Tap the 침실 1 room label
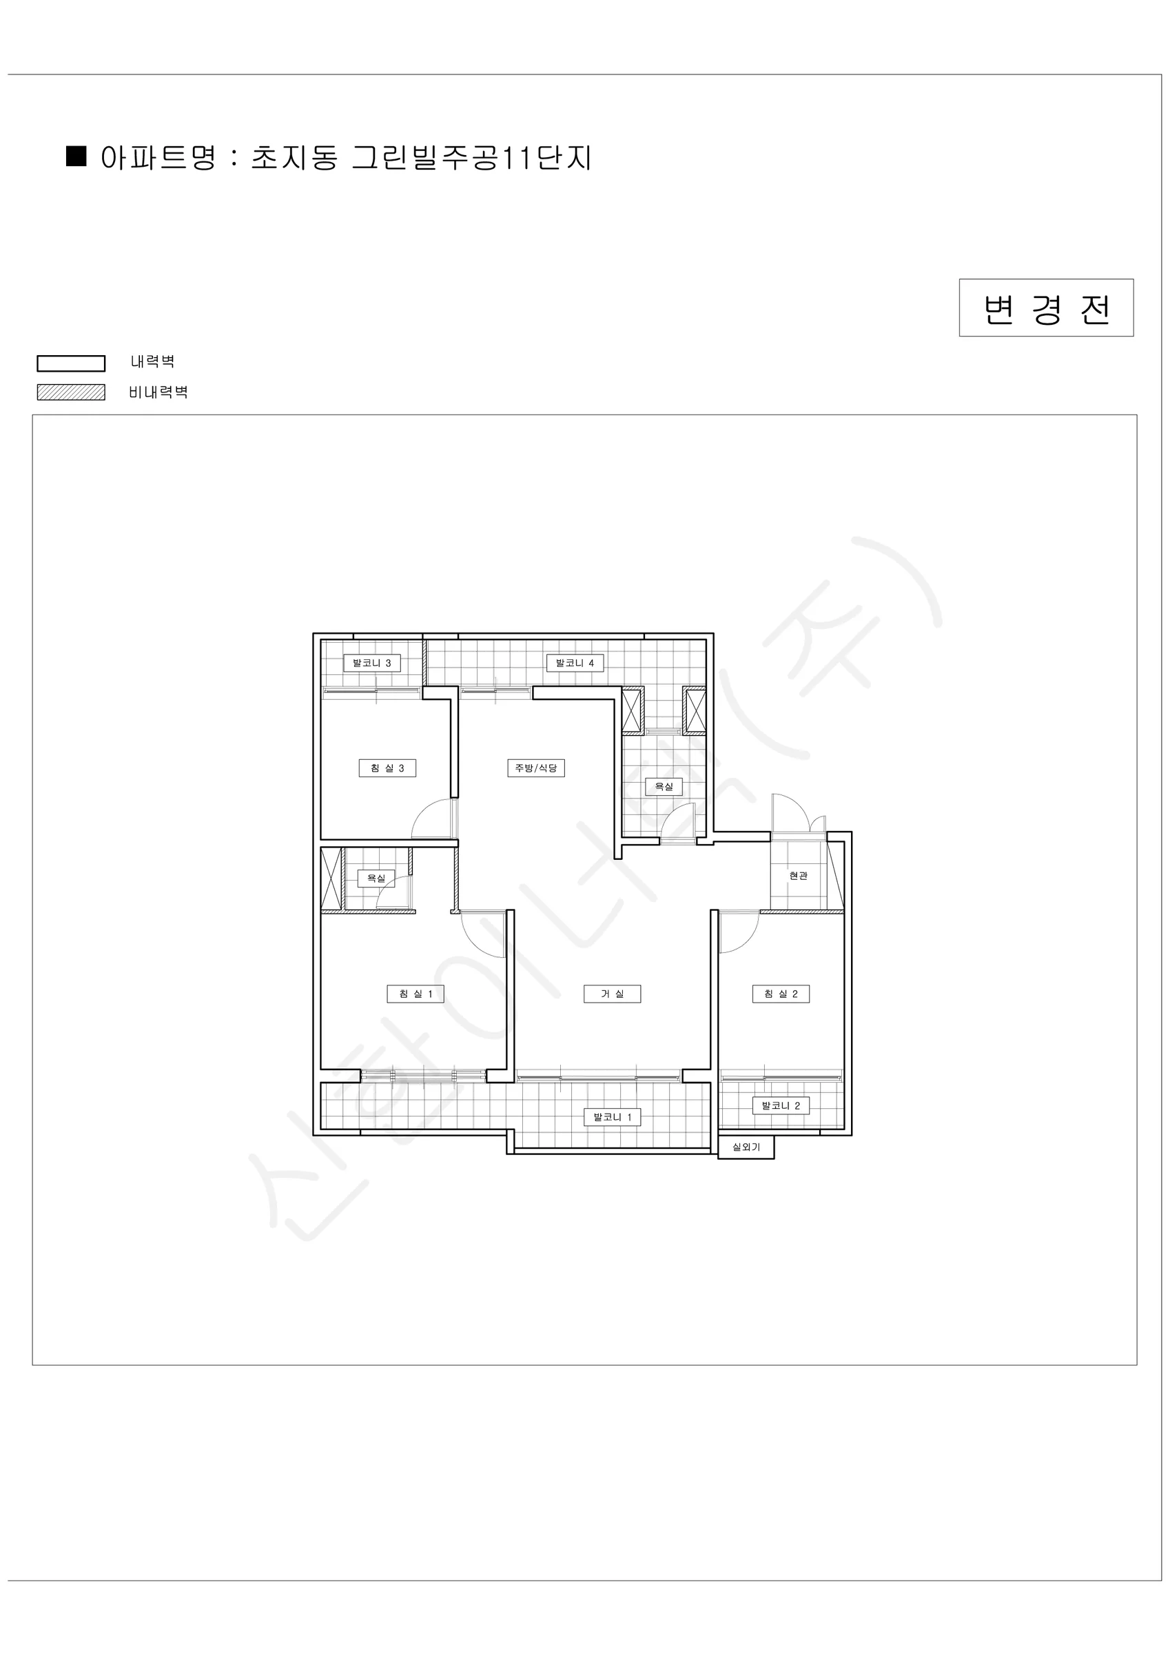coord(415,993)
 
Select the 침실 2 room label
coord(781,993)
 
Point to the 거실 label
coord(612,993)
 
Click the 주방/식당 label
coord(536,768)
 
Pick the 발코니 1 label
coord(613,1116)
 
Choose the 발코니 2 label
coord(781,1105)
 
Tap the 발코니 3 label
coord(372,663)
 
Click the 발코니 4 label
coord(575,663)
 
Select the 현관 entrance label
coord(798,875)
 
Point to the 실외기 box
coord(746,1147)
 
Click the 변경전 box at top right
coord(1046,308)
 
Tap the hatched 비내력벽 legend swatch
coord(72,392)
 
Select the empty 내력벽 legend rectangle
coord(72,363)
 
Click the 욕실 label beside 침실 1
coord(376,878)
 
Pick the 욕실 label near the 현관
coord(664,785)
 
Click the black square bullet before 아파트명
coord(76,156)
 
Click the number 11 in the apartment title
coord(513,158)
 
